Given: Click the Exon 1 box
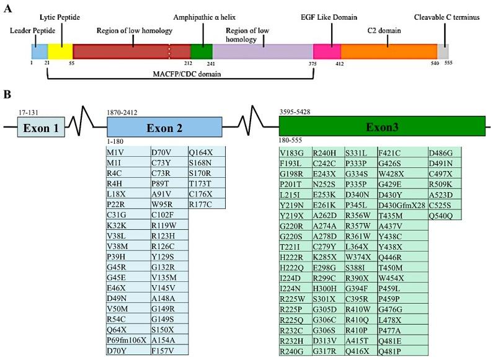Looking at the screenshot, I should (x=40, y=128).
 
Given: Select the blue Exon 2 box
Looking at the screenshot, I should (x=164, y=128).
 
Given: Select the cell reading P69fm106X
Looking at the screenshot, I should (x=127, y=340).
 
